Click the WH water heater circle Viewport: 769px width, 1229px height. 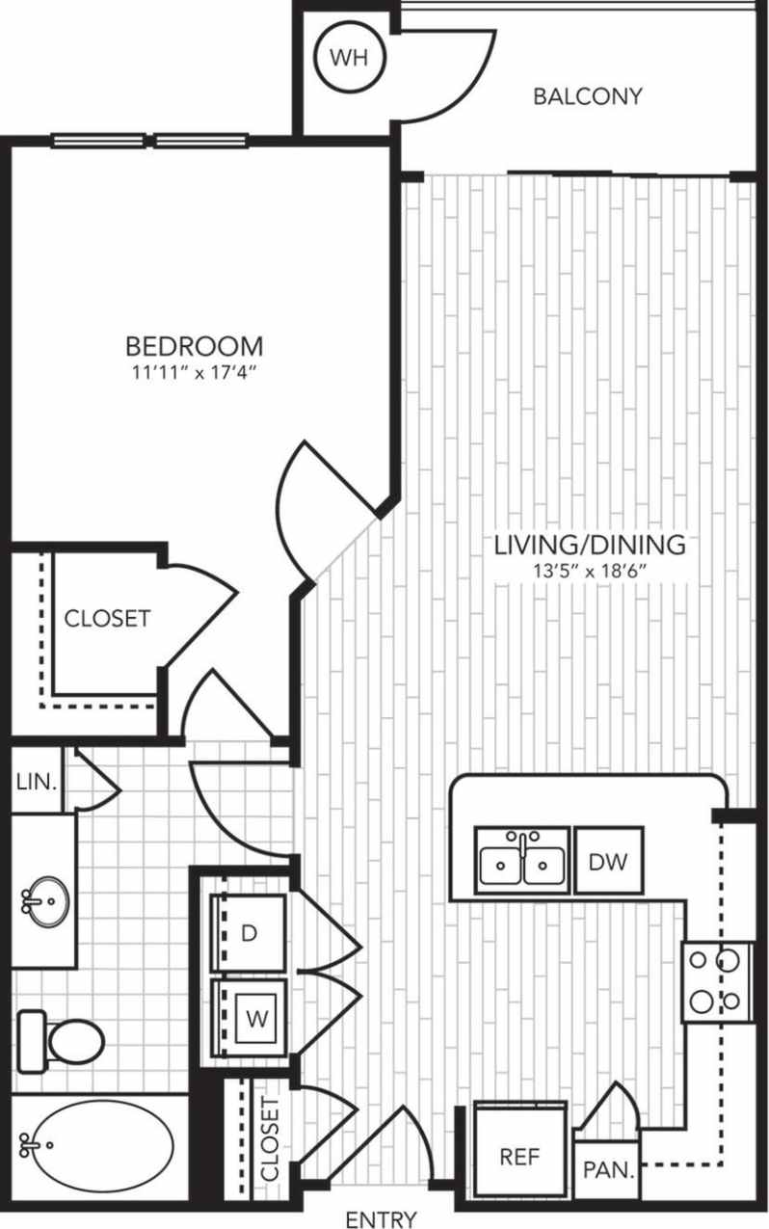click(x=349, y=58)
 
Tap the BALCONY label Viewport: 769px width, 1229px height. click(x=588, y=96)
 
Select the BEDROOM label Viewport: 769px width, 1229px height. click(x=196, y=345)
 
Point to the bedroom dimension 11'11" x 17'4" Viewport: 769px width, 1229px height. click(x=196, y=372)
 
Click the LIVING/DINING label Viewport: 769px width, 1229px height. click(x=590, y=545)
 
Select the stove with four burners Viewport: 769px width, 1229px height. click(x=717, y=980)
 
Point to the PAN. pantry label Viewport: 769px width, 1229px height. click(x=609, y=1170)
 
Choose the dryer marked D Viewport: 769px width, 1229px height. click(x=250, y=933)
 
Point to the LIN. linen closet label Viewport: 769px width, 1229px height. click(x=37, y=781)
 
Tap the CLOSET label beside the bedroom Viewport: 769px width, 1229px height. click(x=107, y=618)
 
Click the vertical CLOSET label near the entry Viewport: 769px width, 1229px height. click(x=271, y=1139)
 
